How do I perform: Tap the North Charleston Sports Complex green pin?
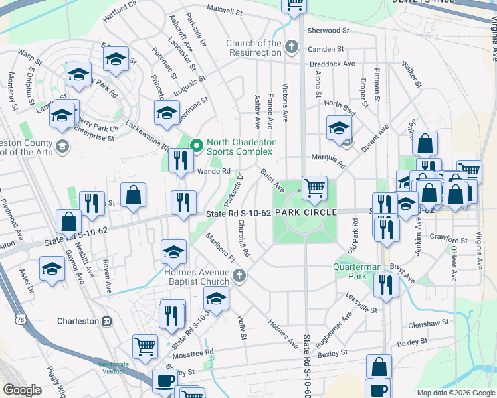[x=197, y=145]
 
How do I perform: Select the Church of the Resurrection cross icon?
[x=291, y=47]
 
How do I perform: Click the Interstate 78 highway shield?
[x=22, y=320]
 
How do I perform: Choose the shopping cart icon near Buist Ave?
[x=314, y=187]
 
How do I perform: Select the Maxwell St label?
[x=225, y=11]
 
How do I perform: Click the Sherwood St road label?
[x=328, y=31]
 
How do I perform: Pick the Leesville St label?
[x=361, y=309]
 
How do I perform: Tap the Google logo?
[x=22, y=390]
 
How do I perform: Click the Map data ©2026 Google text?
[x=455, y=393]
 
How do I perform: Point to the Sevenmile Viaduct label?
[x=112, y=367]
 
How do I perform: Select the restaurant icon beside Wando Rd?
[x=181, y=160]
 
